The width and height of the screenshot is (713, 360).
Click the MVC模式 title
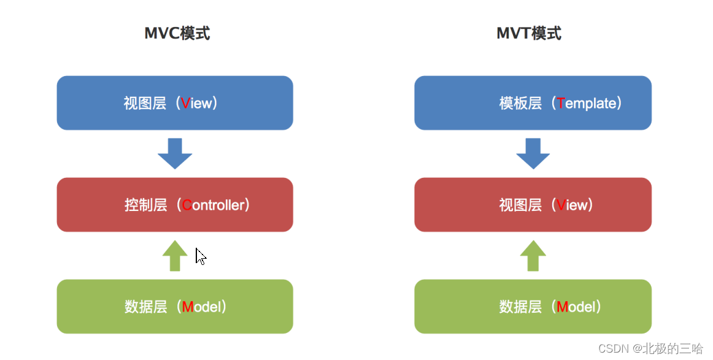(x=177, y=33)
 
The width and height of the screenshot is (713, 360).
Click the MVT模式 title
(x=529, y=33)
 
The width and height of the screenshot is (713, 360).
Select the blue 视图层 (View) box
(x=175, y=103)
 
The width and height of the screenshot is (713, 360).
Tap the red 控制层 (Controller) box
(x=175, y=205)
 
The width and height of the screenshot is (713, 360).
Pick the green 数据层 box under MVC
(x=175, y=307)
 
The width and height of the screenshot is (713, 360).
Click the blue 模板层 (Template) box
(x=533, y=103)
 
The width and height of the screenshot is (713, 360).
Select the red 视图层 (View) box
(x=533, y=205)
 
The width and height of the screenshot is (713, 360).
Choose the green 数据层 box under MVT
(x=533, y=307)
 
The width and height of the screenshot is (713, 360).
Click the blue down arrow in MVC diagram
(x=175, y=153)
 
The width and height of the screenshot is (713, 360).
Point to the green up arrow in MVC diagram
(x=175, y=255)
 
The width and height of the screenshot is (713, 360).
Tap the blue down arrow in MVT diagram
(x=533, y=153)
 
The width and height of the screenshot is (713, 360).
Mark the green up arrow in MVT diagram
(x=533, y=255)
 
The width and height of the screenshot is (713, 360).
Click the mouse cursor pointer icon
(x=200, y=256)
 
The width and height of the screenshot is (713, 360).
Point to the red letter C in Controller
(x=187, y=205)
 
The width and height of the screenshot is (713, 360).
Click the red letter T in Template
(x=561, y=104)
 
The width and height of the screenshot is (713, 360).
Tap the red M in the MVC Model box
(x=188, y=307)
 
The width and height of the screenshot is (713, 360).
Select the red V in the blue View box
(x=186, y=104)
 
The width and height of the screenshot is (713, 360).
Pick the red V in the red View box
(x=561, y=205)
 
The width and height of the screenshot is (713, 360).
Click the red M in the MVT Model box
(x=562, y=307)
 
